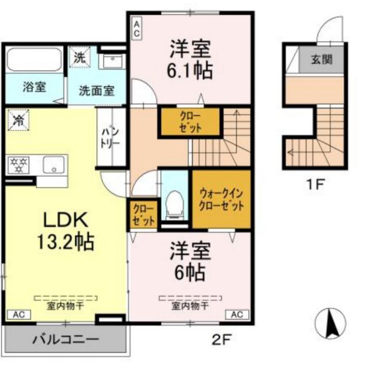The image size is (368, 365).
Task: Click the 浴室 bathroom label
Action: (34, 88)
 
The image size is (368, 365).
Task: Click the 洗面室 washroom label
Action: (96, 90)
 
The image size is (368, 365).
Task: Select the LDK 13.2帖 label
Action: (66, 229)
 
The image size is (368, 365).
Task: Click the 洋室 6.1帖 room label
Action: (190, 59)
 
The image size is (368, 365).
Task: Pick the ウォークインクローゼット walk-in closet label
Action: (221, 199)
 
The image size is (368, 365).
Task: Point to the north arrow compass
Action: (332, 324)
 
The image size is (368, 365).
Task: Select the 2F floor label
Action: (221, 339)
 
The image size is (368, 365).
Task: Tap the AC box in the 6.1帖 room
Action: (137, 29)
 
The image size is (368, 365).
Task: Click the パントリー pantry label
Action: (110, 137)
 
